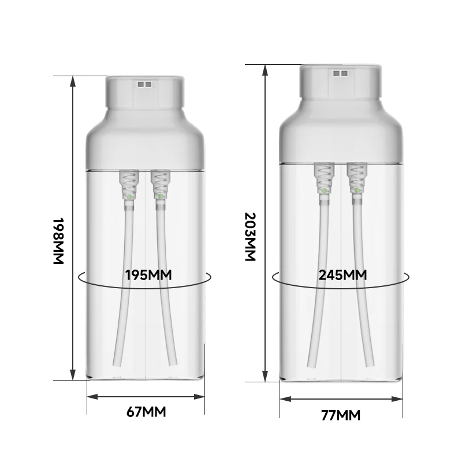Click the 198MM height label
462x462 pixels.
pyautogui.click(x=58, y=241)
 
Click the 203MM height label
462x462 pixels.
pyautogui.click(x=250, y=237)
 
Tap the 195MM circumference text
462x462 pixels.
pyautogui.click(x=148, y=275)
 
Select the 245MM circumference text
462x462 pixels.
pyautogui.click(x=342, y=275)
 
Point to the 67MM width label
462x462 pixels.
pyautogui.click(x=146, y=412)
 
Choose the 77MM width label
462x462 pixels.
pyautogui.click(x=341, y=415)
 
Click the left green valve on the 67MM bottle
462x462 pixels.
pyautogui.click(x=129, y=196)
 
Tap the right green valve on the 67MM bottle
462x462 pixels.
pyautogui.click(x=161, y=196)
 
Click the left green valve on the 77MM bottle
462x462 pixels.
pyautogui.click(x=325, y=191)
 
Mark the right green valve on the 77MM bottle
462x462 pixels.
pyautogui.click(x=357, y=191)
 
